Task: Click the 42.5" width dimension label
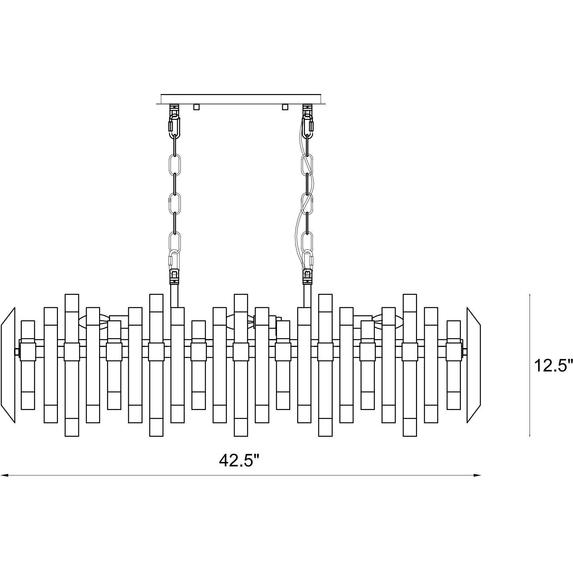[x=239, y=461]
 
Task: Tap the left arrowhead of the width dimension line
[x=4, y=475]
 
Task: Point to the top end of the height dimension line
[x=529, y=295]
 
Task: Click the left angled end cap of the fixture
[x=8, y=365]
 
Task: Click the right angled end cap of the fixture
[x=474, y=365]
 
